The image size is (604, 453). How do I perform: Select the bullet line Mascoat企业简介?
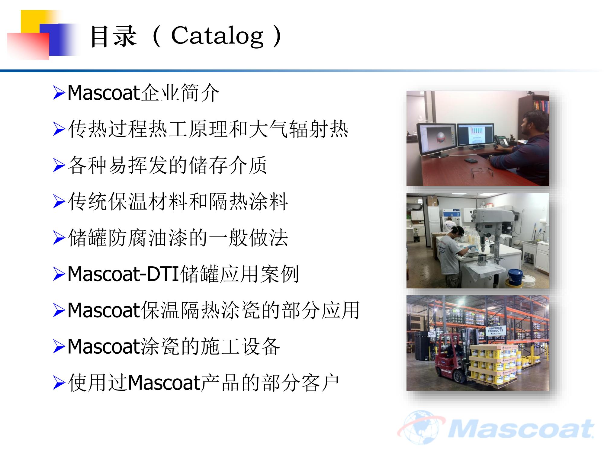point(143,93)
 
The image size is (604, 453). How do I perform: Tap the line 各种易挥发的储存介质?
point(167,165)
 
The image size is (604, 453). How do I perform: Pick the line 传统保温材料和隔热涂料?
point(178,201)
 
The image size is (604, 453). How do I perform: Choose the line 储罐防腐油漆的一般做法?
point(178,238)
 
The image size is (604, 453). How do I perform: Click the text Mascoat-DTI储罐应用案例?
point(183,274)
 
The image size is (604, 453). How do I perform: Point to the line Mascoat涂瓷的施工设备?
point(174,346)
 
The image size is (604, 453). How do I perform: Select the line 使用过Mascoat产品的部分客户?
point(204,383)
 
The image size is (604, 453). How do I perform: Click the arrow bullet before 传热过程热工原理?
point(59,129)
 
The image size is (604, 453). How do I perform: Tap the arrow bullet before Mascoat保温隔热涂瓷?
point(59,310)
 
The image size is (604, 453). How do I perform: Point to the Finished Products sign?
point(495,330)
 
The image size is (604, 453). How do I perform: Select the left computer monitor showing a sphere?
point(436,140)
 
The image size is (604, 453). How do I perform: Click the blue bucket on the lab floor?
point(516,277)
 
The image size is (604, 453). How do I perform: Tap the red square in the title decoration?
point(28,46)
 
